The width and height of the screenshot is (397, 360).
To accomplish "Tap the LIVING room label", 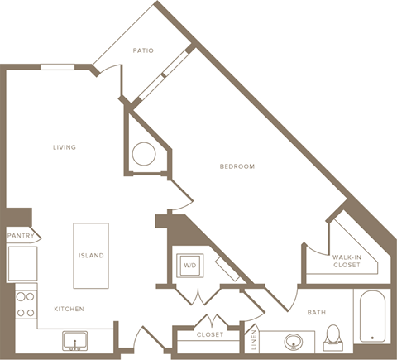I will [65, 147].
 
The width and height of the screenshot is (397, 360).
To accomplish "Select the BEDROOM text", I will [237, 166].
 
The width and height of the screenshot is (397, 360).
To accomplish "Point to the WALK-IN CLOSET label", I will [346, 262].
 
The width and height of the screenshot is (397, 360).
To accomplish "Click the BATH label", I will [317, 312].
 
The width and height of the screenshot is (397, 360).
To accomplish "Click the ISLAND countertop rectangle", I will [91, 255].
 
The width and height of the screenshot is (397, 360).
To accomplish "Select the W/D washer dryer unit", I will [189, 265].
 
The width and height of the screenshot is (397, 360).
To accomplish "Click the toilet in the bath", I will [334, 335].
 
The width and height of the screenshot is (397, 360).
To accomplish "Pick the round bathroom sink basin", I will [293, 340].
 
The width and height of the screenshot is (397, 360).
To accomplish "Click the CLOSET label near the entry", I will [210, 335].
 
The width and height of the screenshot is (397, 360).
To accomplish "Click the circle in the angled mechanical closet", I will [144, 154].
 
